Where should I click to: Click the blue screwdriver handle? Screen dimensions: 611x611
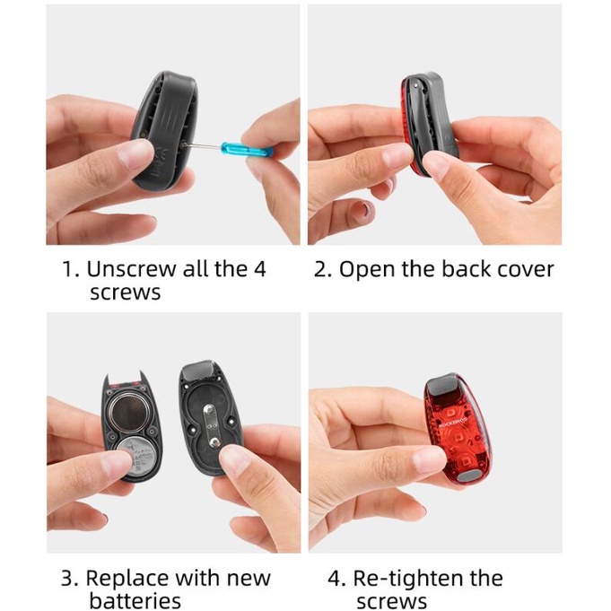[x=247, y=148]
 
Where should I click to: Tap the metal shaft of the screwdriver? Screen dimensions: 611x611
[x=202, y=146]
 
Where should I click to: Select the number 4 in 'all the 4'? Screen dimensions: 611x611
[x=258, y=269]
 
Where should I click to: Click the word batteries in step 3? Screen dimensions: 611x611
[x=135, y=600]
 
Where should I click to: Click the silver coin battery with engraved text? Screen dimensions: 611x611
[x=136, y=457]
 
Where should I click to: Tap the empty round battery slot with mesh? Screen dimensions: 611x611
[x=129, y=413]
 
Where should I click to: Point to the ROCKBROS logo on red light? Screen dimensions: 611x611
[x=452, y=418]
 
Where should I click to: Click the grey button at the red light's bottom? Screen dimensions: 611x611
[x=469, y=475]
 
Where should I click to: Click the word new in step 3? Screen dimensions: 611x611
[x=249, y=580]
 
